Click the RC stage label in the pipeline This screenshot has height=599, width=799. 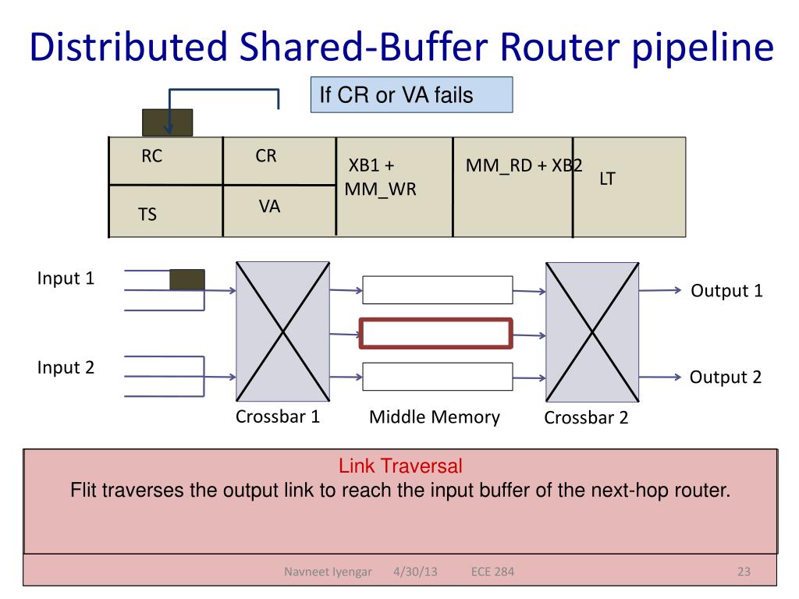(152, 157)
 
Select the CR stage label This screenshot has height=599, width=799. (266, 156)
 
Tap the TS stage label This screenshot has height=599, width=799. (147, 214)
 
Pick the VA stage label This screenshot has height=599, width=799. (270, 207)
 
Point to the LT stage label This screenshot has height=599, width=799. (607, 179)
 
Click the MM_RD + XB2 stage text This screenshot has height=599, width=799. (524, 166)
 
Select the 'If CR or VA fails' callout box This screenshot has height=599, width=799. (411, 95)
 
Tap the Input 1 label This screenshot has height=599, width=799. (66, 278)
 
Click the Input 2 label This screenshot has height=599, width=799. (66, 367)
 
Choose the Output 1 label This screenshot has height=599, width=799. (726, 292)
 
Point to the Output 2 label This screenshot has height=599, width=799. (725, 377)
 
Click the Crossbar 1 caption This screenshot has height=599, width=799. (278, 416)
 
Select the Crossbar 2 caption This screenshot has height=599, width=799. (586, 418)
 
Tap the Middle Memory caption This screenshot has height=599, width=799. (435, 417)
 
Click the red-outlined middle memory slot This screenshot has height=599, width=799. (435, 333)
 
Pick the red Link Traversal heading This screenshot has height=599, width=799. (400, 467)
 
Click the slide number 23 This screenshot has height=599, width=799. (743, 573)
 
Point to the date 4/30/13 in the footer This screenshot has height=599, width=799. (415, 573)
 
